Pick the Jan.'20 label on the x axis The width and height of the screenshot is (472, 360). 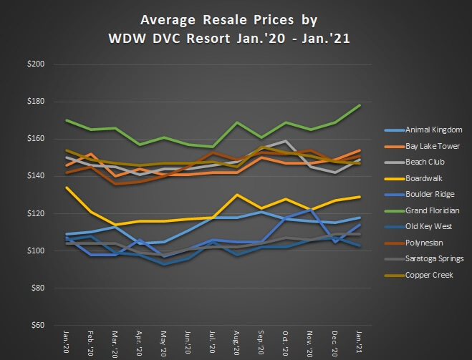coord(65,342)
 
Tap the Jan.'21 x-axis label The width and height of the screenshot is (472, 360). coord(359,342)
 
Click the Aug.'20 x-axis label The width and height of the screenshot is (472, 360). coord(236,342)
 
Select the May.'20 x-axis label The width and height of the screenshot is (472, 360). coord(163,342)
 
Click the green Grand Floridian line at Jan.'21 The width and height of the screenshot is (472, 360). coord(359,105)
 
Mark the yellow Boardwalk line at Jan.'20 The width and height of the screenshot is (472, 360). coord(66,188)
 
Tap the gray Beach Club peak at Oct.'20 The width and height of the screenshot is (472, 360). coord(286,141)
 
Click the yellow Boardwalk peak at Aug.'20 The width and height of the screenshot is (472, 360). coord(237,195)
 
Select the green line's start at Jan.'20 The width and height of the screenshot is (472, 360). coord(66,120)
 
